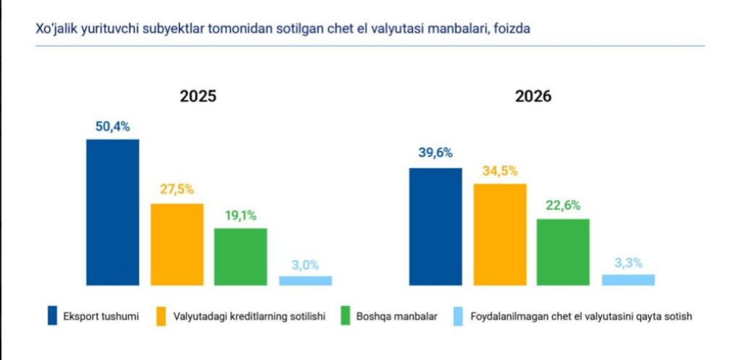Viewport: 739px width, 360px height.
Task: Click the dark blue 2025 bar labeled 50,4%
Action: (113, 212)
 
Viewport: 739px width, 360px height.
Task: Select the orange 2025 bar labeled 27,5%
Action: (177, 245)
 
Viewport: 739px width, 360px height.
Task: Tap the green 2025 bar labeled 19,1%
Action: (240, 257)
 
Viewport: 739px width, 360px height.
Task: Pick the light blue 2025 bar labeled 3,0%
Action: (305, 281)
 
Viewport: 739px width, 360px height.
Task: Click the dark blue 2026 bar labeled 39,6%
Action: (435, 227)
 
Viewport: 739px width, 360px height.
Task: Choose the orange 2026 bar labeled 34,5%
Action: (500, 234)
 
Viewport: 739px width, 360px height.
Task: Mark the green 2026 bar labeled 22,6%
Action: (563, 252)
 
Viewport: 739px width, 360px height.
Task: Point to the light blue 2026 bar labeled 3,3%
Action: (629, 280)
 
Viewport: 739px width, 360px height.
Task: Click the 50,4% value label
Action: (113, 127)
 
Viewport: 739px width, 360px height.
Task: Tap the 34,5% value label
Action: (499, 171)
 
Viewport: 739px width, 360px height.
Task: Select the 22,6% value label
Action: (563, 206)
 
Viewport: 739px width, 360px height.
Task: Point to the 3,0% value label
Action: (305, 265)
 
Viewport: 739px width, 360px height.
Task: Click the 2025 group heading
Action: (198, 96)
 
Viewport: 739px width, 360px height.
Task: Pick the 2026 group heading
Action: (533, 96)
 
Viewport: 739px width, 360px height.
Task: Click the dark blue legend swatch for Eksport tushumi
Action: (52, 316)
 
